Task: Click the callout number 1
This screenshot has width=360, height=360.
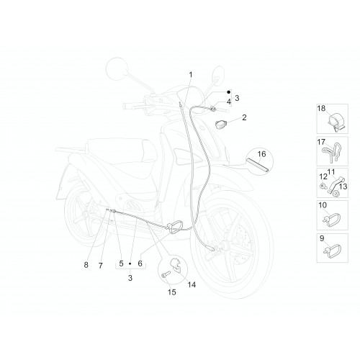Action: [x=191, y=75]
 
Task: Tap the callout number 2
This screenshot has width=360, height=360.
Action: [x=244, y=117]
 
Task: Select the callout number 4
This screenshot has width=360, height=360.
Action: [x=229, y=102]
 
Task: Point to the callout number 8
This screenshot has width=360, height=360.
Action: [x=86, y=265]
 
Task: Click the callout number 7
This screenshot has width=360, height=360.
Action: [x=101, y=266]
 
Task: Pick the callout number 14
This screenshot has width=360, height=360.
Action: [x=192, y=284]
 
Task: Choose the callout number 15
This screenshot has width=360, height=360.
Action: [x=172, y=292]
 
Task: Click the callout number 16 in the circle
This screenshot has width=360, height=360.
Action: [x=261, y=154]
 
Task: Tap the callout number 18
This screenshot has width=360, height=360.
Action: [x=322, y=108]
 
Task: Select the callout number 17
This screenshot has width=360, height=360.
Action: [x=321, y=142]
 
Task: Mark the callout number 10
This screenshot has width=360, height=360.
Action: [x=323, y=205]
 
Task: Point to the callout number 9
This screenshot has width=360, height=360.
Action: [x=322, y=238]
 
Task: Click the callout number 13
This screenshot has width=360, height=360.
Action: [x=343, y=186]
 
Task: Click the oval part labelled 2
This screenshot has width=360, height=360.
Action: [x=220, y=125]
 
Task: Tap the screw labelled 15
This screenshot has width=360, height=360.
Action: [x=166, y=274]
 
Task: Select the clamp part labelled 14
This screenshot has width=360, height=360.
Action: [x=176, y=265]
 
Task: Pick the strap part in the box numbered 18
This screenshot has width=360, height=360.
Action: [x=336, y=121]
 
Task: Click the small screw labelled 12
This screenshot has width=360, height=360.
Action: [x=323, y=186]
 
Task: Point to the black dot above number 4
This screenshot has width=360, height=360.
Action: [x=229, y=92]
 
